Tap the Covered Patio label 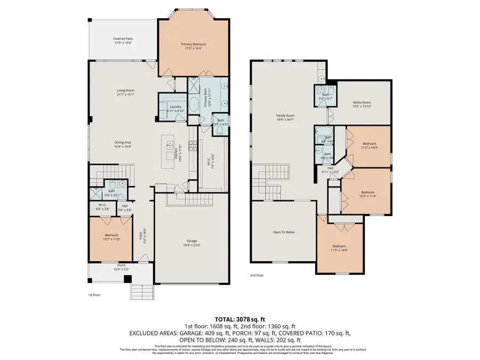point(122,41)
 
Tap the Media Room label point(362,103)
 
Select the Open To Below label point(284,232)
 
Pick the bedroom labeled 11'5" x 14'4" point(340,247)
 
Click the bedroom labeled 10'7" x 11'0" point(111,236)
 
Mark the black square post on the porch point(127,278)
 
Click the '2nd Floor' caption point(257,276)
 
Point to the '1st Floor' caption point(93,294)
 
